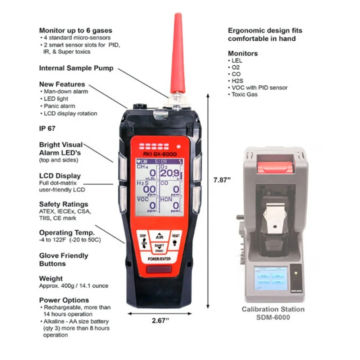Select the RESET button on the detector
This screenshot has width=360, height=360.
coord(176,239)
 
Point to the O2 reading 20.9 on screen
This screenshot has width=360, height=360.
coord(170,174)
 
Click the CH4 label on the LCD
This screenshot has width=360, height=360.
coord(141,166)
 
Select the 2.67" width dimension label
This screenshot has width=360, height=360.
coord(159,321)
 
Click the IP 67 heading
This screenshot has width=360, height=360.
coord(47,128)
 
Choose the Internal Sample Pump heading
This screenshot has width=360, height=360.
coord(76,68)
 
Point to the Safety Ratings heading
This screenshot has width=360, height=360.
coord(63,204)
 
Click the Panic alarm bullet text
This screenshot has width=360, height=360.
coord(59,106)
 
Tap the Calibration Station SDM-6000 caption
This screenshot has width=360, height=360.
coord(273,313)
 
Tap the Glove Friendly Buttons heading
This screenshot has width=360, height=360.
coord(63,260)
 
